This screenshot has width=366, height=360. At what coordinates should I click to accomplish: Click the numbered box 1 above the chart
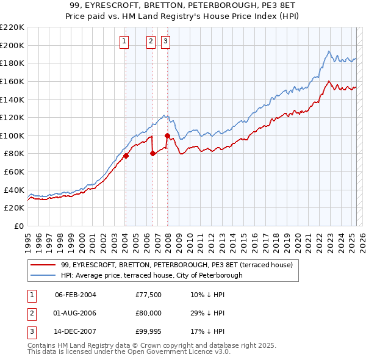click(x=124, y=41)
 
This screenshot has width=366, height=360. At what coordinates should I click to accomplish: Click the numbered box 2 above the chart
click(x=151, y=41)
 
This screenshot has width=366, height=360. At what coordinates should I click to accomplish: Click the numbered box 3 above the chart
click(x=165, y=41)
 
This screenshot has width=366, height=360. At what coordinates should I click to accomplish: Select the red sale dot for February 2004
click(x=126, y=156)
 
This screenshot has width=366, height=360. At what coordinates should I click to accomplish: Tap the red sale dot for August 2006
click(x=152, y=153)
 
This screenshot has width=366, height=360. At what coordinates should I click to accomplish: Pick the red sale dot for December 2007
click(x=167, y=135)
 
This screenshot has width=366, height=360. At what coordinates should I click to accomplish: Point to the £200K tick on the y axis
click(x=12, y=45)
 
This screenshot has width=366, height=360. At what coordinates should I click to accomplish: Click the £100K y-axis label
click(x=12, y=135)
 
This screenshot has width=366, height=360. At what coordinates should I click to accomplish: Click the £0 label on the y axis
click(x=18, y=226)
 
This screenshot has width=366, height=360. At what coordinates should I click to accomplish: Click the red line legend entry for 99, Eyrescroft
click(x=177, y=265)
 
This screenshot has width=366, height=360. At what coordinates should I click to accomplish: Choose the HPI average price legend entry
click(x=152, y=275)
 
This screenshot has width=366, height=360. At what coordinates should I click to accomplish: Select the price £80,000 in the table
click(x=149, y=313)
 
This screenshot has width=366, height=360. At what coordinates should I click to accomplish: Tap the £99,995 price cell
click(x=149, y=332)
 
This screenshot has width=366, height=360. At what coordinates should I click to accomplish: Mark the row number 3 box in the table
click(x=30, y=332)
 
